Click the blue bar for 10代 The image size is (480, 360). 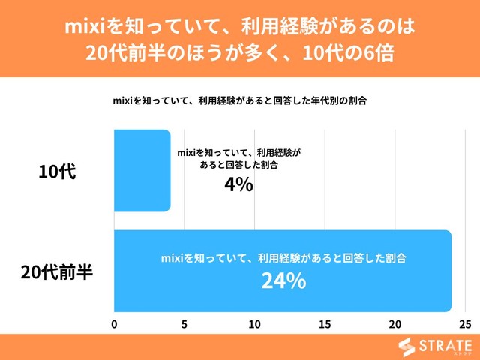[142, 170]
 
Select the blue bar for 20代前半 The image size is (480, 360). [283, 270]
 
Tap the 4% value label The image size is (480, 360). [238, 184]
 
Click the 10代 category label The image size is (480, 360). [57, 171]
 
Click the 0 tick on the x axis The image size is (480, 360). [114, 324]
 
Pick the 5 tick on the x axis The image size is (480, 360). [184, 324]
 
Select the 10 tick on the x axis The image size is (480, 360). [255, 324]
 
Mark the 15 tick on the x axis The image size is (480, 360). [325, 324]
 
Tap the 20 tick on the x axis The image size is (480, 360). [395, 324]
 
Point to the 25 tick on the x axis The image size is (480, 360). [465, 324]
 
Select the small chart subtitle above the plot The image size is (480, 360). [239, 100]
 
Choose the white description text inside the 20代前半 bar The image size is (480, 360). [283, 257]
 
